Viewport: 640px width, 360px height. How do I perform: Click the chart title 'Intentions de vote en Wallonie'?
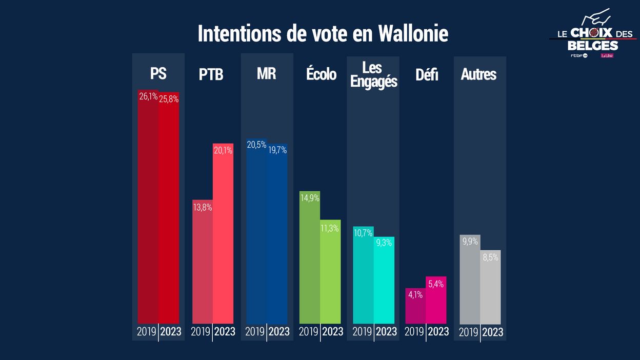323,34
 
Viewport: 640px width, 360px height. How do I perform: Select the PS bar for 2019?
148,215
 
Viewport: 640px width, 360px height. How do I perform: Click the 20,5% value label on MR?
256,145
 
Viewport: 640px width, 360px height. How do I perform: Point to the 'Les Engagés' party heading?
373,74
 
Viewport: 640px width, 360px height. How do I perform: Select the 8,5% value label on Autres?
490,257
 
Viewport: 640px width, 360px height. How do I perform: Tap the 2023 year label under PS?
171,332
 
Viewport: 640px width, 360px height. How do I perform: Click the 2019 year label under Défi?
414,332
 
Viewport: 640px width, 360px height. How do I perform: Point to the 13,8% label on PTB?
202,207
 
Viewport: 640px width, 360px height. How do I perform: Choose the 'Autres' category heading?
478,74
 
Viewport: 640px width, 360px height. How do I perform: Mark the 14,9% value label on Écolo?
309,198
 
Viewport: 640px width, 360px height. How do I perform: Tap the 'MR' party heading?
266,73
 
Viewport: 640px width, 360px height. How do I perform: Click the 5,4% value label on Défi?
436,284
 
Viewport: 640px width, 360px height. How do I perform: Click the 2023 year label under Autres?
492,332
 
